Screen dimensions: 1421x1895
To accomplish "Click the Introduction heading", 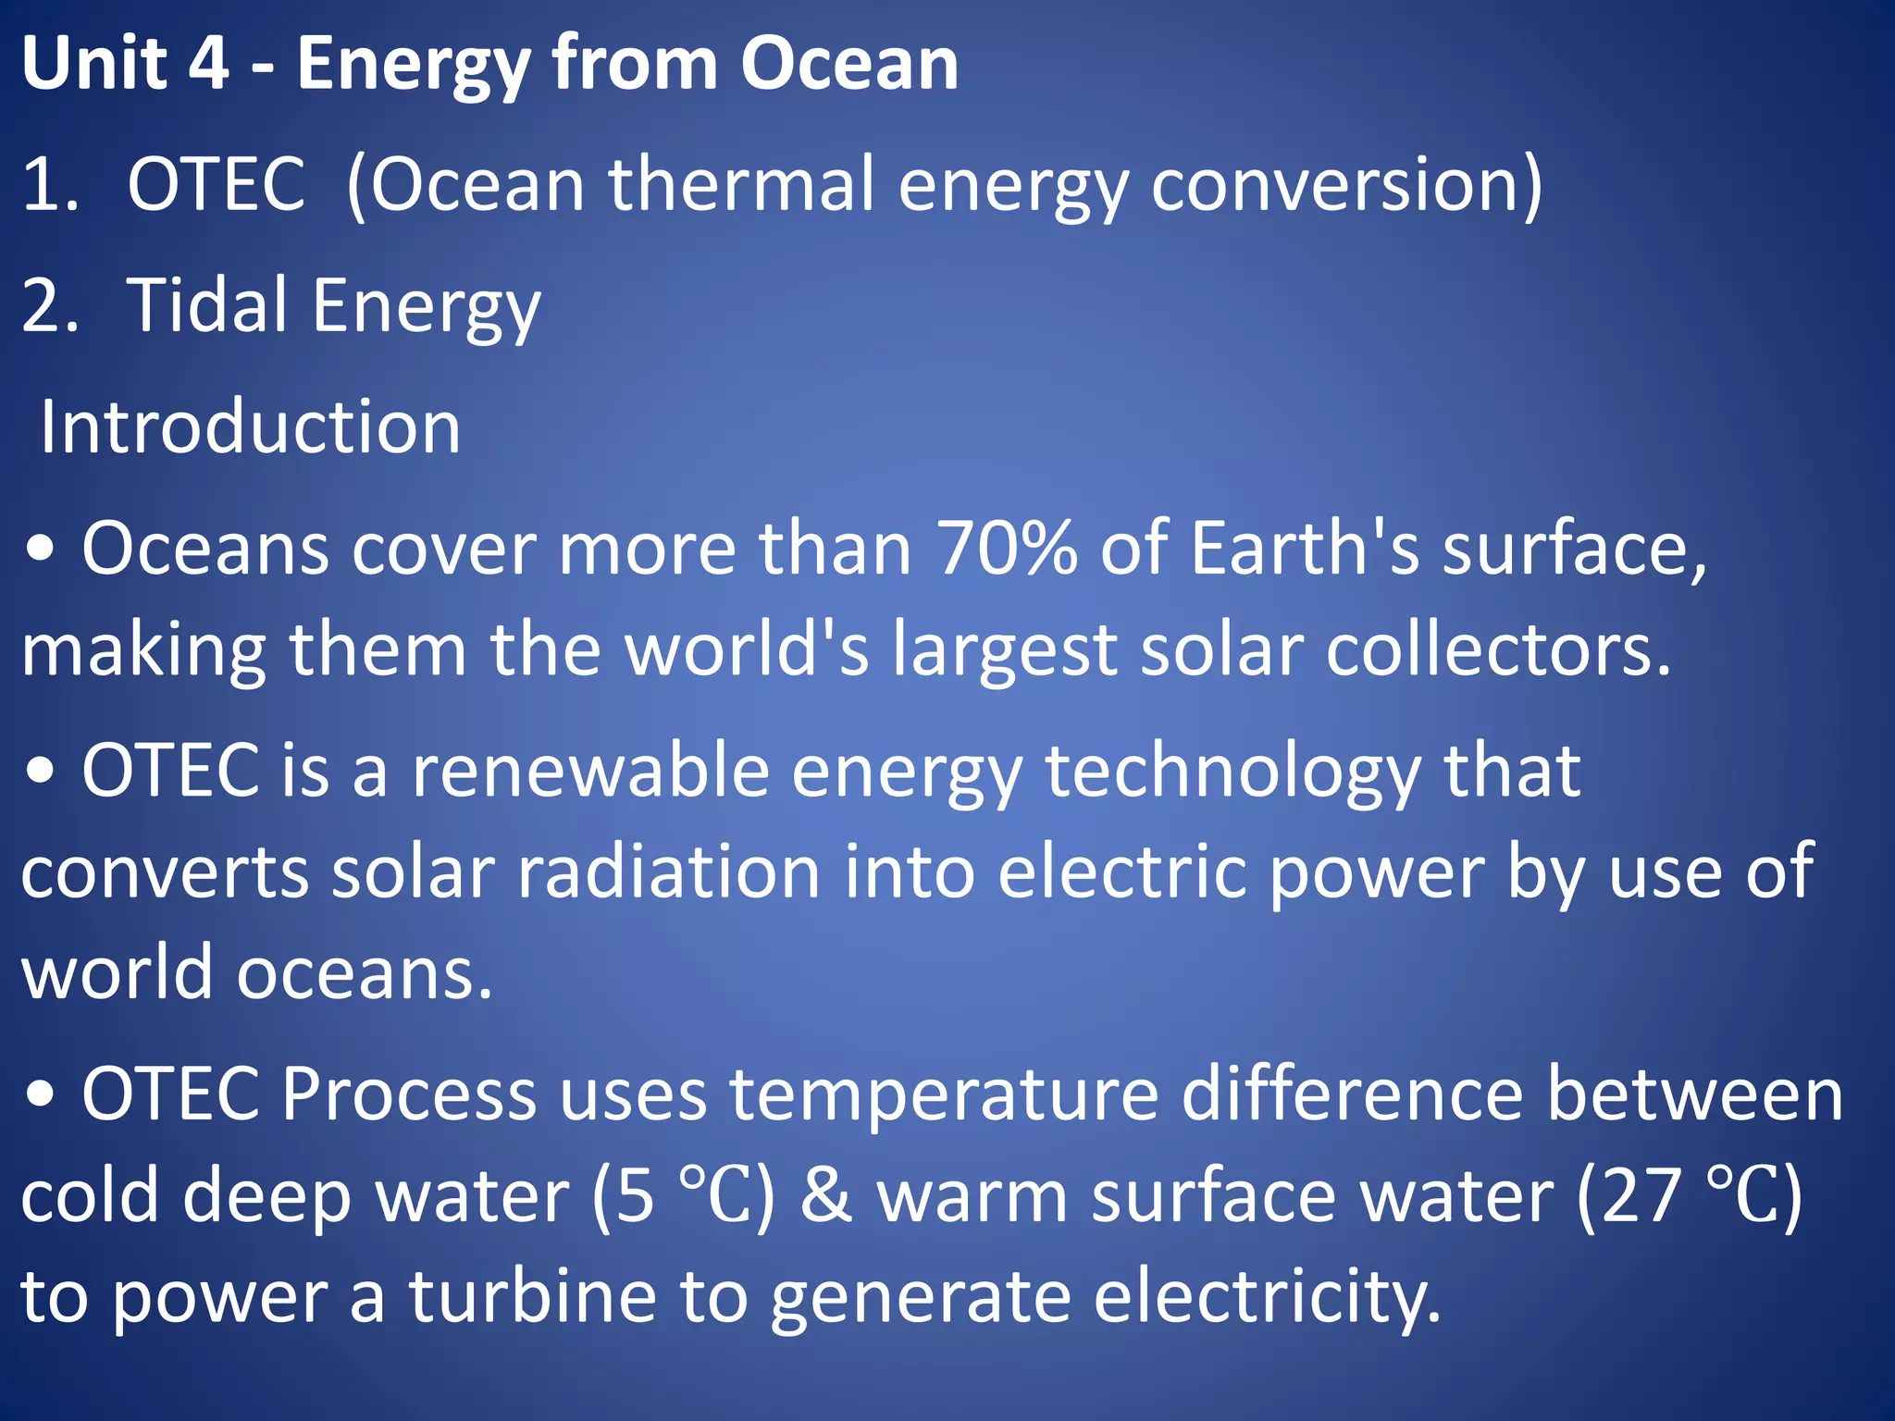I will (x=250, y=426).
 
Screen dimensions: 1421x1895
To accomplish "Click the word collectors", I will (x=1498, y=649).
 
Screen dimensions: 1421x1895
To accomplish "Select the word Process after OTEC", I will (x=408, y=1094).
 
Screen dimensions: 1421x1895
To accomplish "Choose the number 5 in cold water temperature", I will (x=636, y=1196).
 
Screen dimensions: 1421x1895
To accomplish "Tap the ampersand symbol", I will (x=825, y=1196).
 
